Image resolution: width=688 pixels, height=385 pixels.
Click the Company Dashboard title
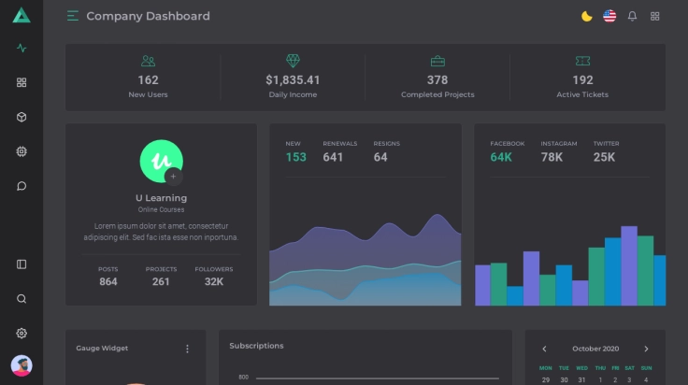pyautogui.click(x=148, y=16)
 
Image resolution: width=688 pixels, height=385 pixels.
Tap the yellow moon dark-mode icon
pyautogui.click(x=586, y=16)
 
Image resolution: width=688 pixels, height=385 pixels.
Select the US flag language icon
pyautogui.click(x=609, y=16)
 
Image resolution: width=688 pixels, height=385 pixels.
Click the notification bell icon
pyautogui.click(x=632, y=16)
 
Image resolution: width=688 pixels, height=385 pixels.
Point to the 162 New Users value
pyautogui.click(x=148, y=80)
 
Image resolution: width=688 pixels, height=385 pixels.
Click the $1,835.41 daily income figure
pyautogui.click(x=293, y=80)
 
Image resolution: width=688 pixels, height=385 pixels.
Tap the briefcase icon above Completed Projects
pyautogui.click(x=437, y=61)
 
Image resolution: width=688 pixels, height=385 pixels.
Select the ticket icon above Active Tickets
pyautogui.click(x=582, y=61)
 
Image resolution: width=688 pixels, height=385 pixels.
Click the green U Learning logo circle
pyautogui.click(x=160, y=160)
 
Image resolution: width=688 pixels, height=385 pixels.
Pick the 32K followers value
pyautogui.click(x=214, y=282)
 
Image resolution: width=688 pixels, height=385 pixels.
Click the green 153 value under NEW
pyautogui.click(x=295, y=157)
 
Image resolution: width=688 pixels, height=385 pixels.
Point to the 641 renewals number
pyautogui.click(x=333, y=157)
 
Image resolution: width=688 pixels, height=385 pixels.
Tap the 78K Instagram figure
pyautogui.click(x=552, y=157)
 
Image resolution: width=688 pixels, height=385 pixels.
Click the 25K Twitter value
pyautogui.click(x=604, y=157)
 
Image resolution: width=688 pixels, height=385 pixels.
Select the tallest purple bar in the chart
pyautogui.click(x=629, y=265)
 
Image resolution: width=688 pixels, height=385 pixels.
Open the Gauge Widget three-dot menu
pyautogui.click(x=187, y=349)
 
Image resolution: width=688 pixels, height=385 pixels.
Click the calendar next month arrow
pyautogui.click(x=646, y=349)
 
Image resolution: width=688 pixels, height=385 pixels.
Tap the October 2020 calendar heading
pyautogui.click(x=595, y=349)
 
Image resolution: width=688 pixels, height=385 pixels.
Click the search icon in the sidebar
pyautogui.click(x=21, y=299)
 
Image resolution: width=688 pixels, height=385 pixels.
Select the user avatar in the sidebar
pyautogui.click(x=21, y=365)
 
